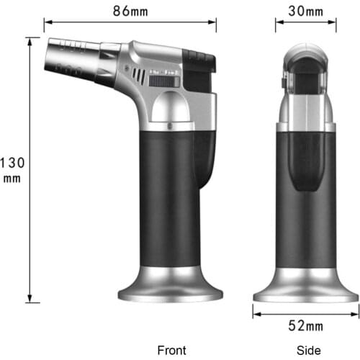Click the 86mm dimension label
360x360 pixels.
(130, 11)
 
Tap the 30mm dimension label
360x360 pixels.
(305, 11)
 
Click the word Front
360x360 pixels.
(171, 350)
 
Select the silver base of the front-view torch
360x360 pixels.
(168, 287)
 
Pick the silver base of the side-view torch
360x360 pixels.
(305, 287)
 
